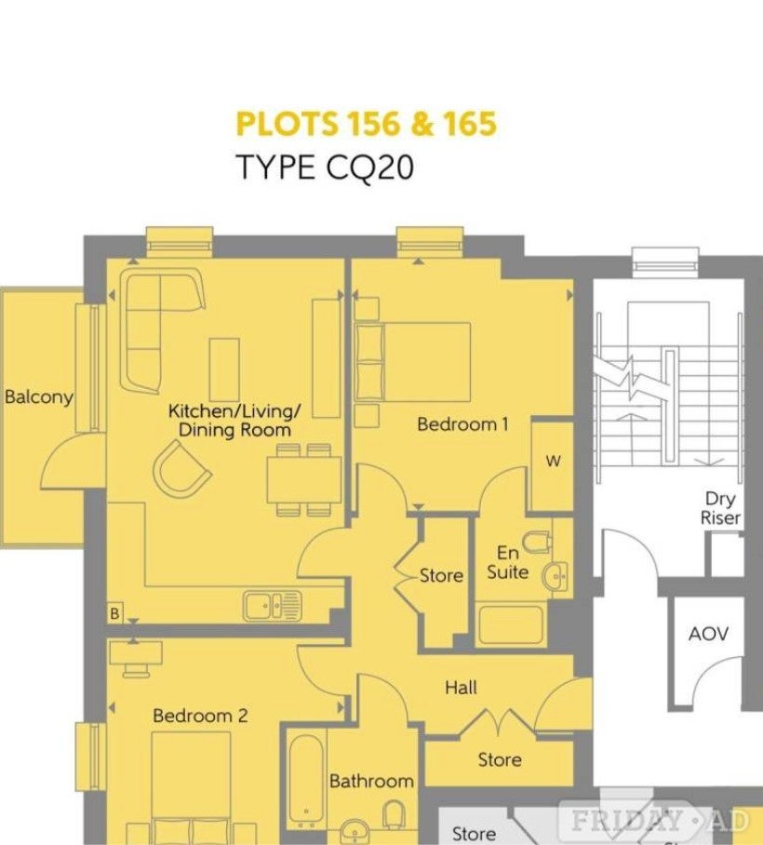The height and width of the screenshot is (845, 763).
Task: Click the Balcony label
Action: pyautogui.click(x=39, y=397)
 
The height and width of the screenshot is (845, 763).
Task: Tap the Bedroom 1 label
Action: pyautogui.click(x=462, y=424)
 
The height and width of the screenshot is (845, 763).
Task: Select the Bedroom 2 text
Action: pyautogui.click(x=200, y=716)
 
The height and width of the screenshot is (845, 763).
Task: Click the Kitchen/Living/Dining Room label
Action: pyautogui.click(x=234, y=421)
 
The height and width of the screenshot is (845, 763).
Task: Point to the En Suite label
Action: pyautogui.click(x=508, y=563)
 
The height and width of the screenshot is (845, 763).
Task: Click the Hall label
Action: pyautogui.click(x=462, y=687)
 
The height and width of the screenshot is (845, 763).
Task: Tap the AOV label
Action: pyautogui.click(x=709, y=634)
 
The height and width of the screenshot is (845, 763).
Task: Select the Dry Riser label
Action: pyautogui.click(x=720, y=508)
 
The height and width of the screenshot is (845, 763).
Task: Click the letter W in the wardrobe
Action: pyautogui.click(x=554, y=462)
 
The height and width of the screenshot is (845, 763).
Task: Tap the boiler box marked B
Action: pyautogui.click(x=114, y=613)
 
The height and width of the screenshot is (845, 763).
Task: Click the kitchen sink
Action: pyautogui.click(x=272, y=606)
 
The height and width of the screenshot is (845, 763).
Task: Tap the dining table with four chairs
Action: pyautogui.click(x=304, y=479)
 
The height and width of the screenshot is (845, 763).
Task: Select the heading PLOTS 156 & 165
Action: pyautogui.click(x=367, y=124)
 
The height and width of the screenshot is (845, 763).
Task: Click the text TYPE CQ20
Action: pyautogui.click(x=326, y=167)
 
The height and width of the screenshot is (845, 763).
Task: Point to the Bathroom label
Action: pyautogui.click(x=372, y=781)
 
